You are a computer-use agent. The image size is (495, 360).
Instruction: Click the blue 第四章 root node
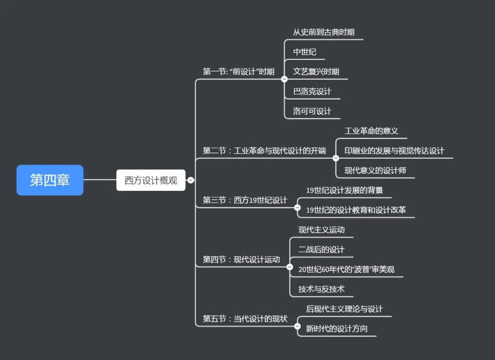[x=50, y=180]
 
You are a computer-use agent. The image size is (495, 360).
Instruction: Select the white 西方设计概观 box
[x=151, y=180]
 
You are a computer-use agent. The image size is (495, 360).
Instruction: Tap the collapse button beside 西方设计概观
[x=191, y=180]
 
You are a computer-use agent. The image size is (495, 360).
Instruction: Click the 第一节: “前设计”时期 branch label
[x=238, y=72]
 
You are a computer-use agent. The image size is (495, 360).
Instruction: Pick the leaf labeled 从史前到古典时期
[x=324, y=32]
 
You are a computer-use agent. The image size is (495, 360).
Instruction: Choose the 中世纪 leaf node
[x=305, y=52]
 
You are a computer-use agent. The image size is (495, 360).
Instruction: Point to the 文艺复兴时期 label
[x=316, y=72]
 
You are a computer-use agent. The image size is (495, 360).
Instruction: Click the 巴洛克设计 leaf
[x=312, y=91]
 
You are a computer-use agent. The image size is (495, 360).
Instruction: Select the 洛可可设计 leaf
[x=312, y=111]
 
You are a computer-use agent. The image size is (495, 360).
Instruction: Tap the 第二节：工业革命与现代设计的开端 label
[x=264, y=151]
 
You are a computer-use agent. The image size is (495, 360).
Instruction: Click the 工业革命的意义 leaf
[x=371, y=131]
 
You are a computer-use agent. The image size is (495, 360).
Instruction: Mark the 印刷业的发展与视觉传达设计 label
[x=394, y=151]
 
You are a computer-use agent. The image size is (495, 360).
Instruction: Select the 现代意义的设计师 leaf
[x=375, y=171]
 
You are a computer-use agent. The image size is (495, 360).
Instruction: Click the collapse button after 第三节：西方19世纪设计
[x=297, y=208]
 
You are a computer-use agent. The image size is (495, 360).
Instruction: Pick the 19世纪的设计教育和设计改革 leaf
[x=356, y=210]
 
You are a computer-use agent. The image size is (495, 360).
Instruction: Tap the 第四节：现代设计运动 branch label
[x=241, y=260]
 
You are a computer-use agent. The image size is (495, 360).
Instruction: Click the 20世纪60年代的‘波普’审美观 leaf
[x=346, y=269]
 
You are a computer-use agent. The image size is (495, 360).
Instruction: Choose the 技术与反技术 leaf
[x=321, y=289]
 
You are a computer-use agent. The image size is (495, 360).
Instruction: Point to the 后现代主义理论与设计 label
[x=344, y=309]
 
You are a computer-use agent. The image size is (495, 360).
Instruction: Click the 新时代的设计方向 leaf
[x=336, y=329]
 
